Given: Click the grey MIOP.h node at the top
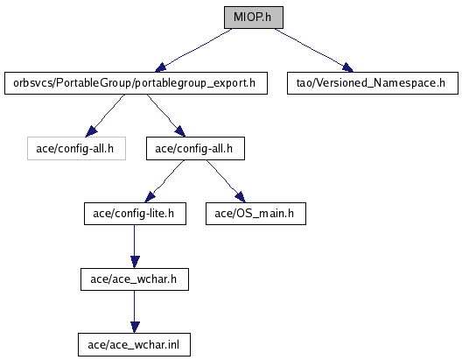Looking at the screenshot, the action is [254, 18].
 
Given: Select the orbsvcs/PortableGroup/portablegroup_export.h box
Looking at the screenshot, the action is [136, 83].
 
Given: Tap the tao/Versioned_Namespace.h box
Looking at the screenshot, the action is [373, 83].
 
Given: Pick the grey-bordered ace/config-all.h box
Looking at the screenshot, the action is [77, 148].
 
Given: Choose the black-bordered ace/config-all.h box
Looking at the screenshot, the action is [195, 148].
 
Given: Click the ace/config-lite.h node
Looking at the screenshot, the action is [135, 214].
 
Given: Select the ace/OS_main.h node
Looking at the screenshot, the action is [255, 214].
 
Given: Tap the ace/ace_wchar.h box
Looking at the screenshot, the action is [135, 279].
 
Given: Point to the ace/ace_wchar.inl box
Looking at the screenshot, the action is [134, 344].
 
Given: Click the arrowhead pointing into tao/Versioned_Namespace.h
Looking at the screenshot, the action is [347, 67].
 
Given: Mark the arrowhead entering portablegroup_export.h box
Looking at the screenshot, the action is [161, 67].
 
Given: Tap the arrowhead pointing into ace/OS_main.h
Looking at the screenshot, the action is [241, 197].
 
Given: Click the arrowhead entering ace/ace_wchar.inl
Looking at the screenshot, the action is [135, 328].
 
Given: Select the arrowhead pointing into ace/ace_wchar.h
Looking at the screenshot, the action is [135, 262].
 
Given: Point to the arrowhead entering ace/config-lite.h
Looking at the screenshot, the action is [150, 197].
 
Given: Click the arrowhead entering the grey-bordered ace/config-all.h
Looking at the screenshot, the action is [91, 131].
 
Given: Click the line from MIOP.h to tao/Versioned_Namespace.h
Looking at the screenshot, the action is [313, 50].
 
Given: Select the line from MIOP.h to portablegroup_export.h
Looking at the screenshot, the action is [194, 50].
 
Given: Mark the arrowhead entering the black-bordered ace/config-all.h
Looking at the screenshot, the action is [180, 131].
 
